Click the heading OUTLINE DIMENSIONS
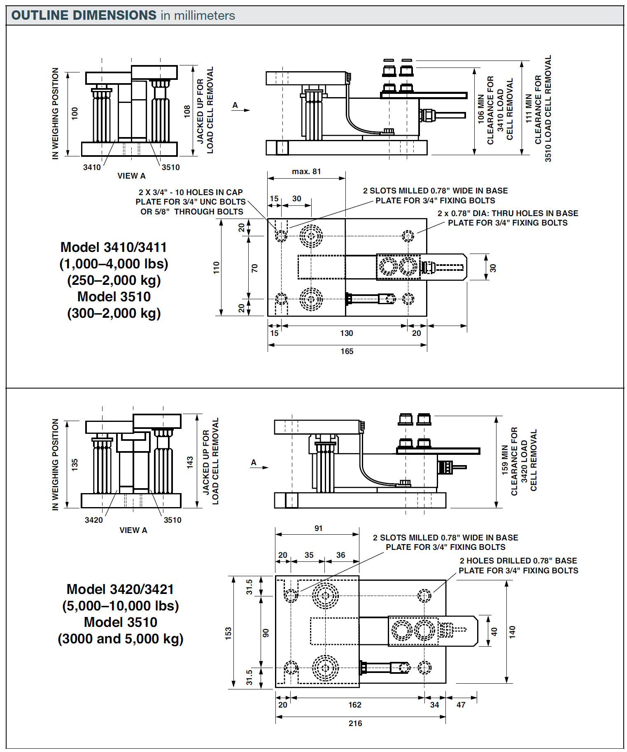pos(84,15)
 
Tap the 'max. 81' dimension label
pos(306,171)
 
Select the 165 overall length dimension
pos(347,351)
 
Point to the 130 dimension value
pos(346,333)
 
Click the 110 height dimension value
pos(217,268)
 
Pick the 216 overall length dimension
pos(355,723)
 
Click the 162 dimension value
pos(354,705)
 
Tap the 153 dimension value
pos(228,633)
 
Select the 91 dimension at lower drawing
pos(318,528)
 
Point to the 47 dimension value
pos(461,705)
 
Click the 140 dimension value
pos(512,632)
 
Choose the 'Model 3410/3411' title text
pos(114,247)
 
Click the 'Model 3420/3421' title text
pos(120,589)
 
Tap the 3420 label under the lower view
pos(93,520)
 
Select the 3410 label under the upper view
pos(92,167)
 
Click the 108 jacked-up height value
pos(187,111)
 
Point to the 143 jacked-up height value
pos(190,462)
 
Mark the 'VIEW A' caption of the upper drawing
pos(131,176)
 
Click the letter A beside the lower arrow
pos(254,462)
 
